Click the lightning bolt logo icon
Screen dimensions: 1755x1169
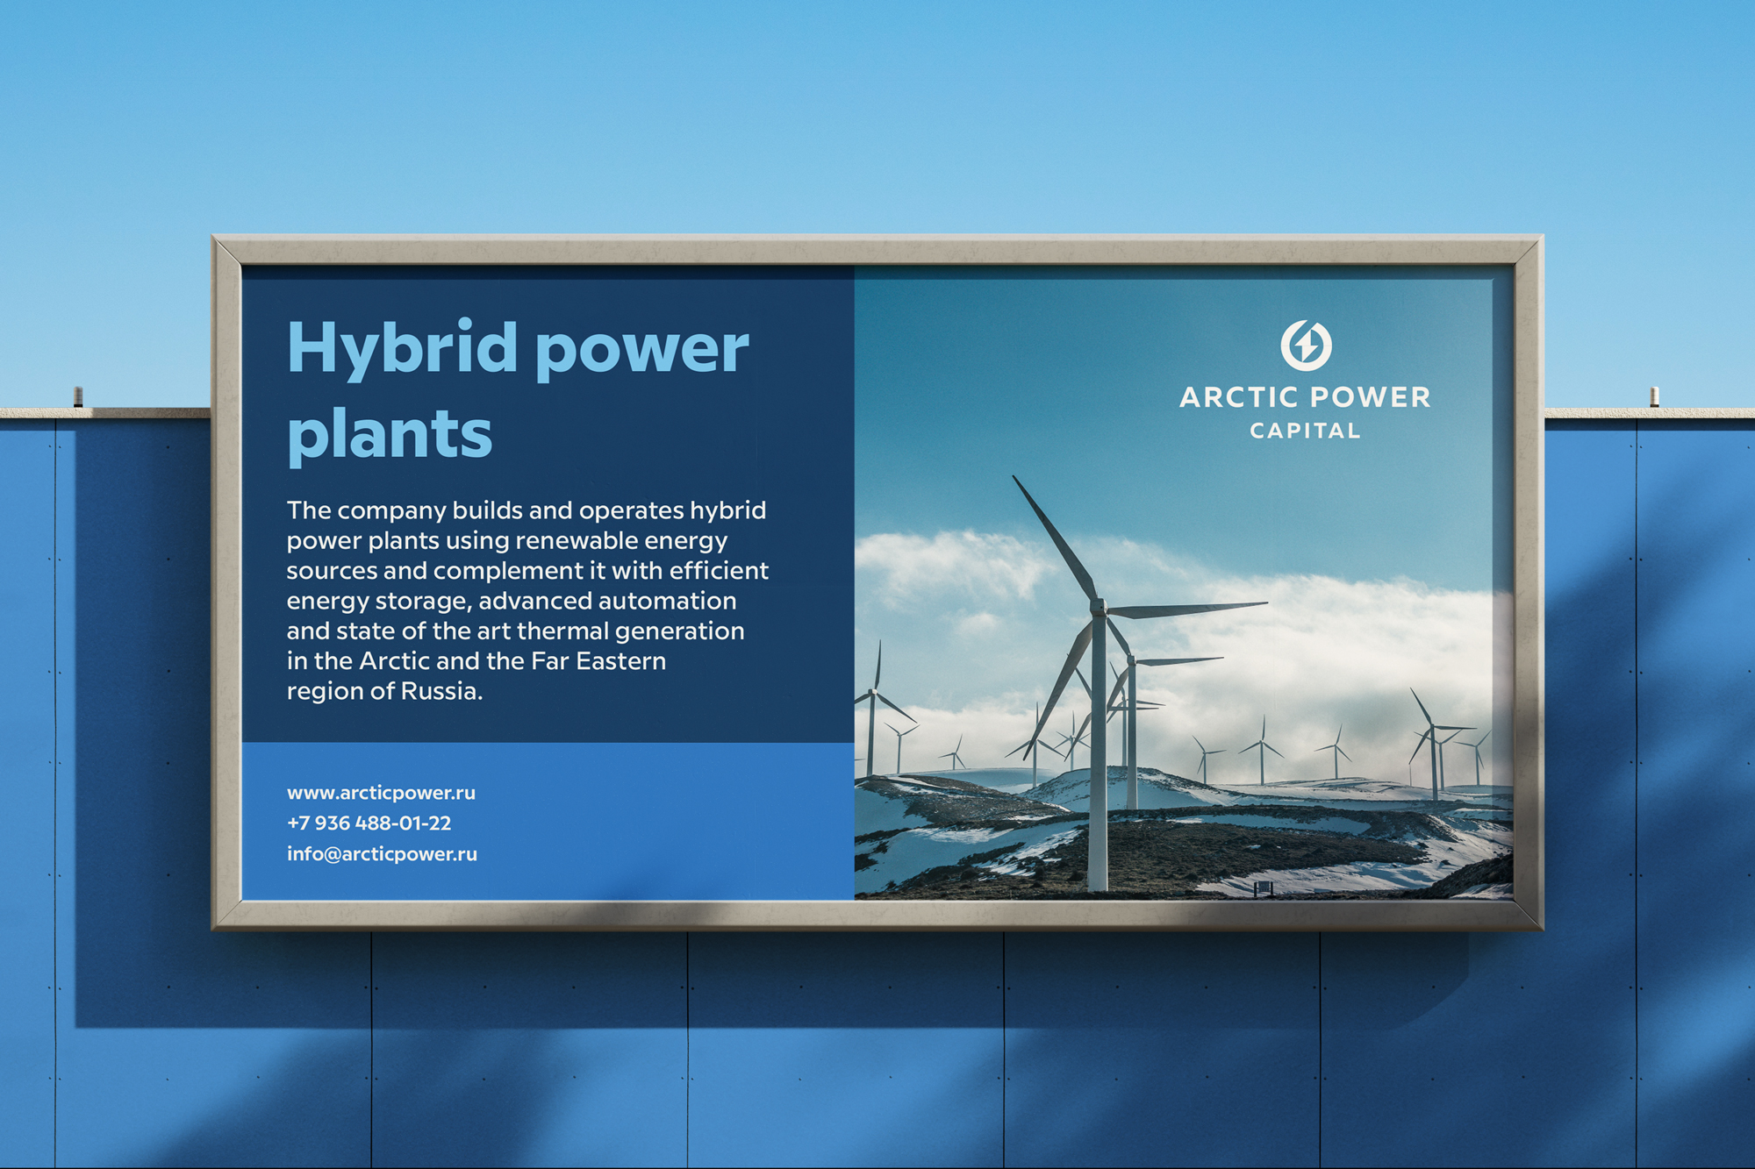coord(1306,345)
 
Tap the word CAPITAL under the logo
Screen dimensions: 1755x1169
coord(1306,431)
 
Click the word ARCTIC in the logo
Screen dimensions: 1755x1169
coord(1239,397)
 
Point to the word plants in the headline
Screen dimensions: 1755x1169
coord(390,434)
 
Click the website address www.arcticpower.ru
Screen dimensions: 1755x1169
coord(381,793)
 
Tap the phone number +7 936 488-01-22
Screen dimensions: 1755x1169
coord(369,823)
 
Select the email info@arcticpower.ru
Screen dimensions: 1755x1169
coord(382,853)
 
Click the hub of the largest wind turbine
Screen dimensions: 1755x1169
coord(1098,606)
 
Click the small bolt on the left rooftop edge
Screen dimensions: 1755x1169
coord(78,396)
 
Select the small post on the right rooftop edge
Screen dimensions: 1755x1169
coord(1654,396)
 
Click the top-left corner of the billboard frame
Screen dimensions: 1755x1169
coord(213,236)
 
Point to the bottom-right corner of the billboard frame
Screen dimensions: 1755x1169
coord(1542,929)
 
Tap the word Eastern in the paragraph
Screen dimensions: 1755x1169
coord(620,661)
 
